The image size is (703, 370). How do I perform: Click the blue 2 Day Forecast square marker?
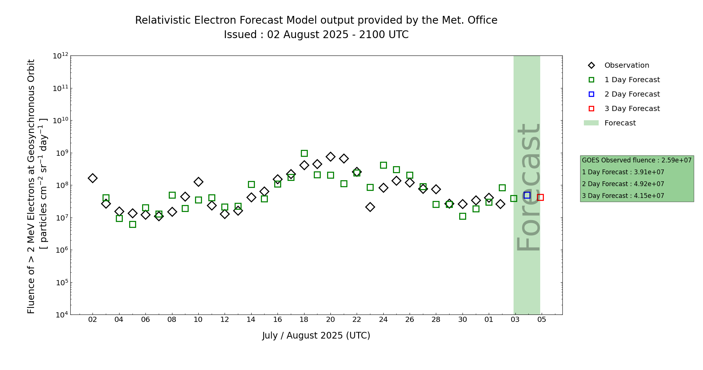pos(527,195)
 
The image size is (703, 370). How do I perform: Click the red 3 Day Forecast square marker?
pos(540,197)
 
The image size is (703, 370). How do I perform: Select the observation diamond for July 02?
pos(92,178)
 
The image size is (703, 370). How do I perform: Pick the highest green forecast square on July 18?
pos(304,153)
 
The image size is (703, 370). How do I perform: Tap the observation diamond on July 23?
pos(370,207)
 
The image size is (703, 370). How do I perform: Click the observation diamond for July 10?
pos(198,182)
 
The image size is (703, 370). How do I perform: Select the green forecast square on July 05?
pos(132,224)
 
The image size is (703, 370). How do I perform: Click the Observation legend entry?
pos(626,65)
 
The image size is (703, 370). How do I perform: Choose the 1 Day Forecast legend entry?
pos(632,80)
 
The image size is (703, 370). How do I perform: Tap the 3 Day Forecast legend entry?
pos(632,109)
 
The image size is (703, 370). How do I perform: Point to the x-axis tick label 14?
pos(251,320)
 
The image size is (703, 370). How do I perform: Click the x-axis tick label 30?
pos(462,320)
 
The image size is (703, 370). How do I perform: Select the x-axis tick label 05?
pos(542,320)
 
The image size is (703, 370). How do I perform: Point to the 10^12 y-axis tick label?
pos(61,56)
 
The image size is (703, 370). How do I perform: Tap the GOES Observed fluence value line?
pos(636,160)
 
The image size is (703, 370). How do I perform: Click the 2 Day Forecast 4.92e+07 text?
pos(623,184)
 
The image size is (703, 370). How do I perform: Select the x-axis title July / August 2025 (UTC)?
pos(316,336)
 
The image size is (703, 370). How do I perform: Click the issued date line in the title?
pos(316,35)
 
